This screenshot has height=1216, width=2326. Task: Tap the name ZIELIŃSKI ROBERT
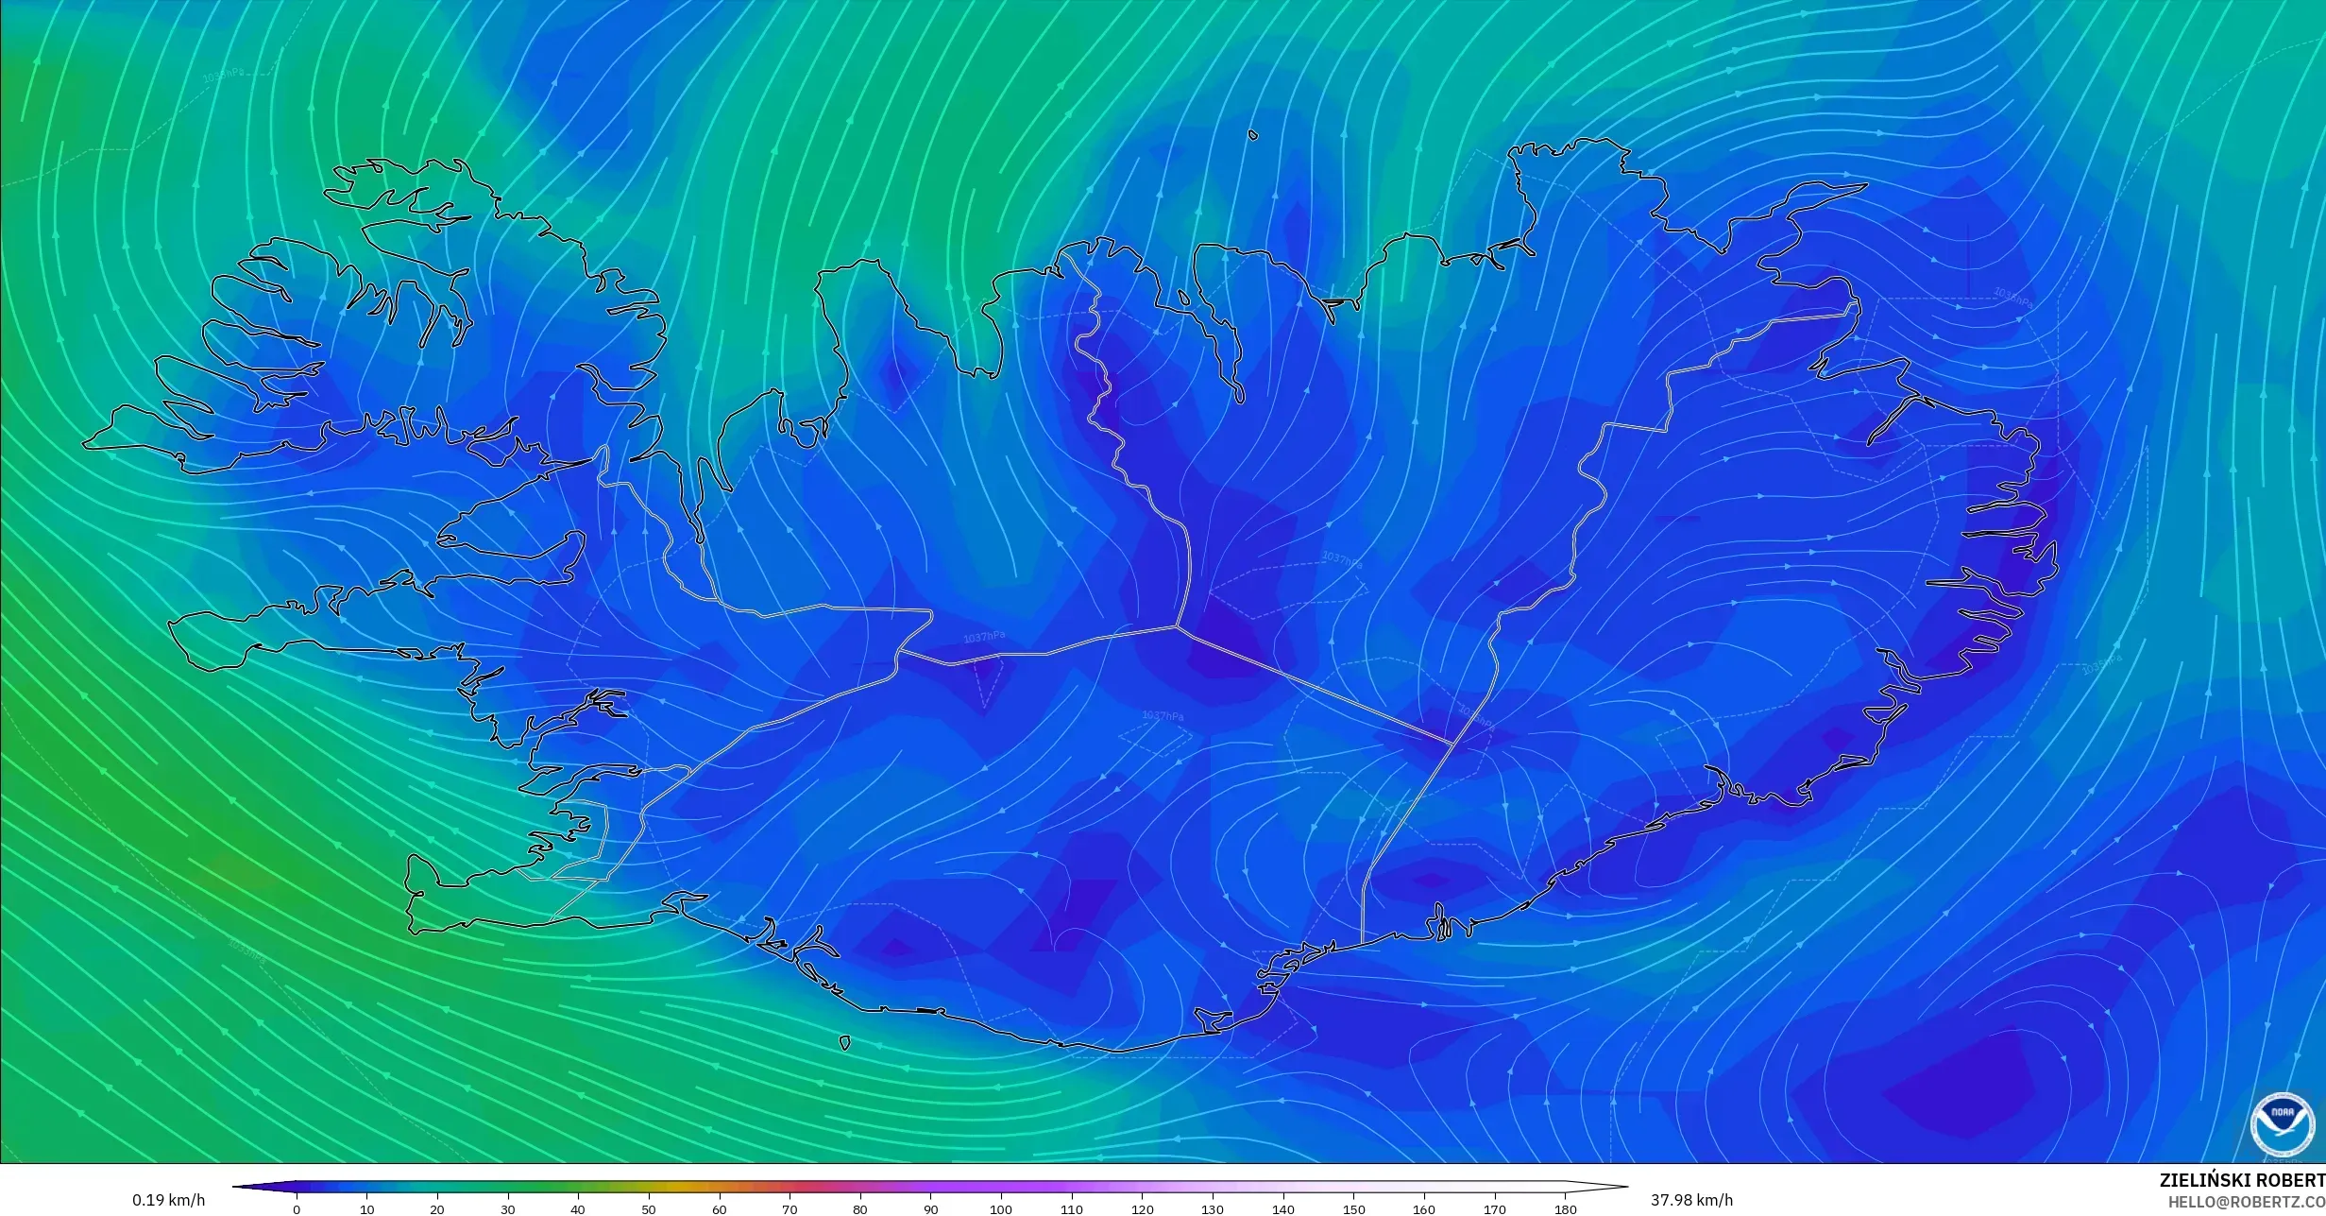[2242, 1180]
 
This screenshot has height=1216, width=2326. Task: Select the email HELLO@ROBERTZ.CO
[2246, 1201]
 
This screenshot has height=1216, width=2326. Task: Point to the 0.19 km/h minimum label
[168, 1200]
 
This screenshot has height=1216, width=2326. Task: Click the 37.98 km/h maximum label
[1691, 1200]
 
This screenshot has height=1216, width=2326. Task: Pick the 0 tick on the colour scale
[297, 1208]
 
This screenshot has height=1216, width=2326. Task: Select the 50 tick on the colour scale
[649, 1208]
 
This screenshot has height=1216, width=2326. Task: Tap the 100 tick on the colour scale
[1001, 1208]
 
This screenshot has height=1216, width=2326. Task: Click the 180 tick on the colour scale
[1565, 1208]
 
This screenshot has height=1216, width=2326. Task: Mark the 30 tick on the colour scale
[508, 1208]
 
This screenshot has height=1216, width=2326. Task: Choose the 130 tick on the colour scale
[1213, 1208]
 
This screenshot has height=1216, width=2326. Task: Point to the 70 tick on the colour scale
[789, 1208]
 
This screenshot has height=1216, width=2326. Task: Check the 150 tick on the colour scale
[1353, 1208]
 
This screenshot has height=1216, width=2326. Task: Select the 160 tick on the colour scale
[1424, 1208]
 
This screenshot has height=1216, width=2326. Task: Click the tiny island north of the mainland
[1253, 135]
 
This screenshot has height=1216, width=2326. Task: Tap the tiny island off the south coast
[844, 1043]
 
